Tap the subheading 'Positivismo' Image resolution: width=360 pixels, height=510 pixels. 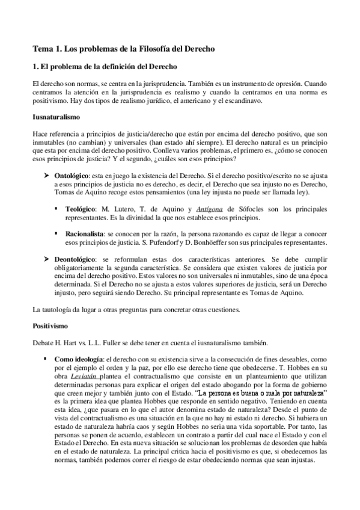pyautogui.click(x=52, y=326)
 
